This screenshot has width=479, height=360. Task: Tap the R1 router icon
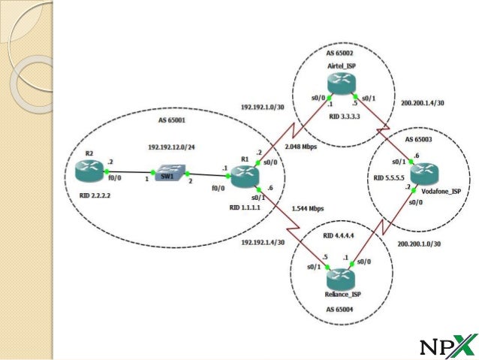pos(244,177)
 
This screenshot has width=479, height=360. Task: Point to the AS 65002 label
pos(341,55)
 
